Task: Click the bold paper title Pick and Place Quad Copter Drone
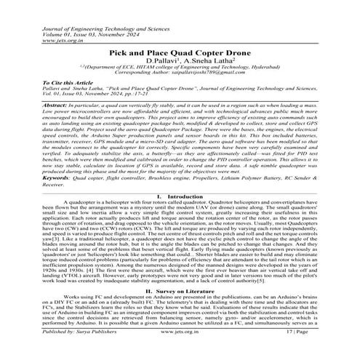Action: pos(179,53)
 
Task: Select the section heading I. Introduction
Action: pos(179,196)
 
